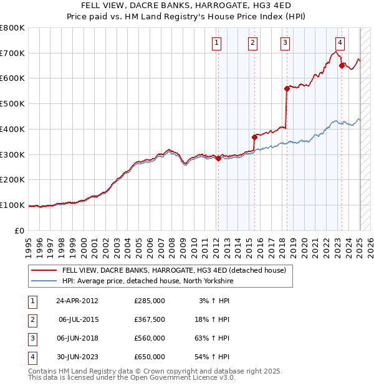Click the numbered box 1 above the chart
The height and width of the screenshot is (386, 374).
coord(216,43)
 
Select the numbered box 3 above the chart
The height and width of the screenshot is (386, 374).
coord(285,43)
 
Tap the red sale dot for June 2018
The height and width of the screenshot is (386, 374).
coord(287,88)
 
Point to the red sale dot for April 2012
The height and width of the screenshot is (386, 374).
coord(218,158)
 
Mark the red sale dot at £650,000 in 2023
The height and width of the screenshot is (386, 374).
coord(342,65)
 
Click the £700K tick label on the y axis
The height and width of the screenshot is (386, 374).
coord(12,54)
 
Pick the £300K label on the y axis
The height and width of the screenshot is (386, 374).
coord(12,154)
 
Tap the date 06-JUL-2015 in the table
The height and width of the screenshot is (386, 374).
coord(78,319)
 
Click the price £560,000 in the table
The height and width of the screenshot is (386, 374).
coord(150,338)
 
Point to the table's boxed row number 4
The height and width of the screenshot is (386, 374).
coord(32,357)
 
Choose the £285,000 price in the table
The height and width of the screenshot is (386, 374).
coord(150,301)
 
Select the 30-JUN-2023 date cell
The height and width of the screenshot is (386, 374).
coord(78,357)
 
